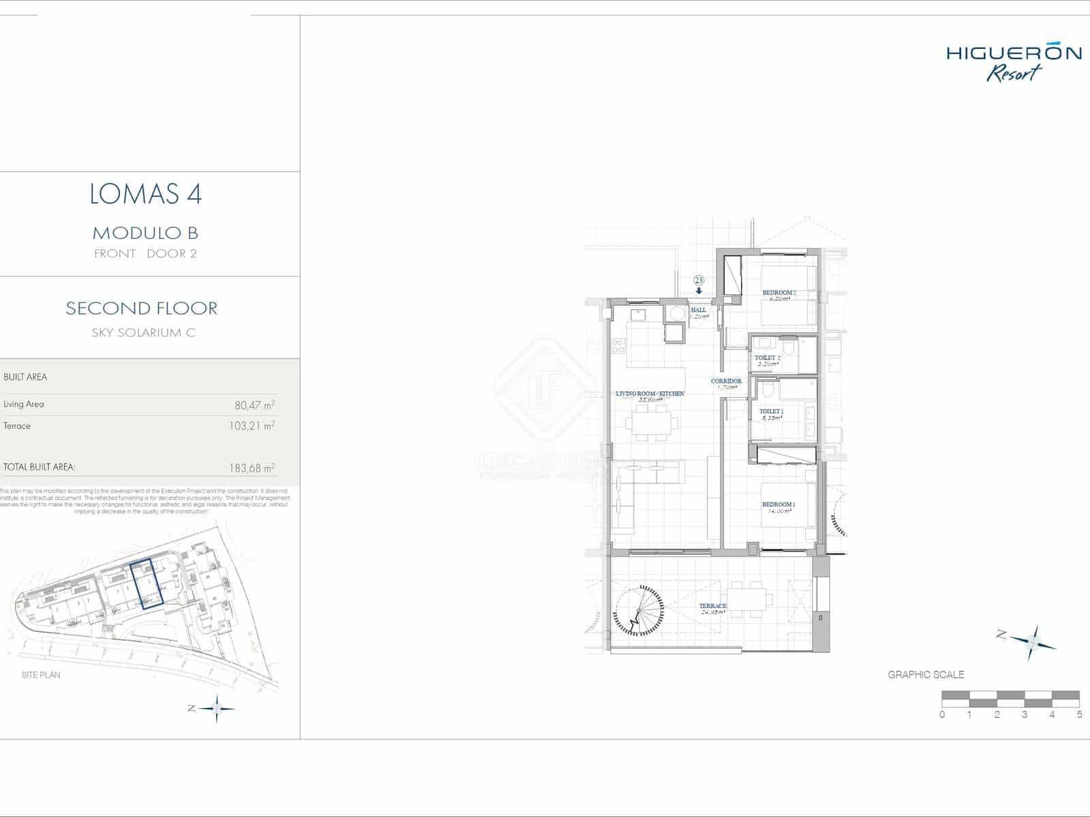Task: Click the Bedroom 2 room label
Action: [x=779, y=293]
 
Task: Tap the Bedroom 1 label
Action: [x=779, y=504]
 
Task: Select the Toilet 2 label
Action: [x=767, y=357]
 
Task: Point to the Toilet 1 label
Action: [x=771, y=411]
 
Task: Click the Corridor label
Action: [x=726, y=381]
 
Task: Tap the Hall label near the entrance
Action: [x=698, y=310]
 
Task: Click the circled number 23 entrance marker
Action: [x=699, y=280]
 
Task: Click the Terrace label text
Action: [x=713, y=606]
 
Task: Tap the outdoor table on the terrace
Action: [x=749, y=598]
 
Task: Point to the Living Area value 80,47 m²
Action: [x=254, y=405]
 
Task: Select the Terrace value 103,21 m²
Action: [x=251, y=427]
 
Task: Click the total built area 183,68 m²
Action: [x=251, y=468]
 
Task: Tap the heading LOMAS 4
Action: [x=146, y=195]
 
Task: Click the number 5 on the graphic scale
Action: [x=1080, y=715]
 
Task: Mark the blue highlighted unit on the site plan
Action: [x=145, y=583]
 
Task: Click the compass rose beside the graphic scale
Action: [x=1032, y=642]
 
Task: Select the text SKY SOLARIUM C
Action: [x=143, y=333]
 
